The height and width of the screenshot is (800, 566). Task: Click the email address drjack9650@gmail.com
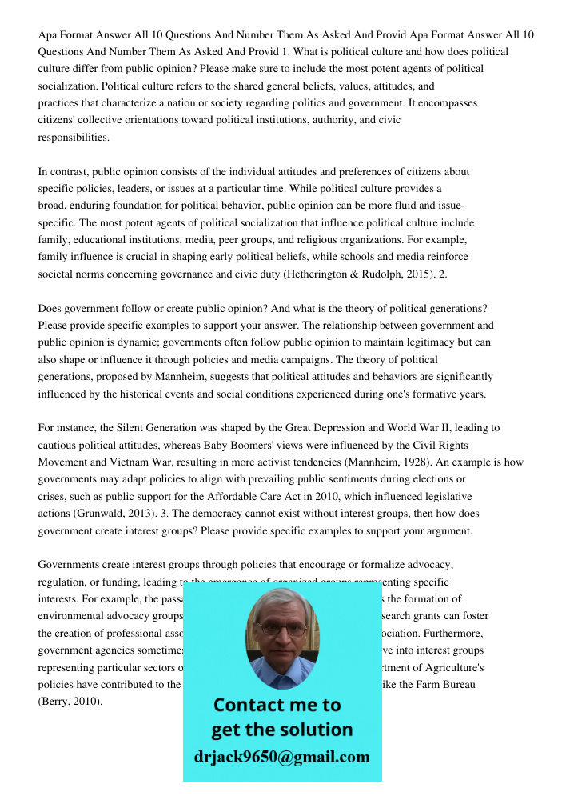tap(281, 757)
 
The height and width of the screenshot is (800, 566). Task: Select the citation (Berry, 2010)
tap(70, 701)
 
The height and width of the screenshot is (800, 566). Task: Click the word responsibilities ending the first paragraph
tap(74, 138)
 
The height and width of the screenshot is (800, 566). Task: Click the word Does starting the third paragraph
tap(50, 308)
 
